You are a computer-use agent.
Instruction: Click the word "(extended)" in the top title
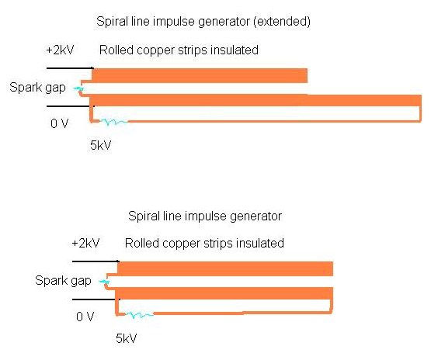point(282,22)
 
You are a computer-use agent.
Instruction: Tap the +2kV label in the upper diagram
point(60,50)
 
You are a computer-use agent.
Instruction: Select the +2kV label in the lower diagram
point(85,244)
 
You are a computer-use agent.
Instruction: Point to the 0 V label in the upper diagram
point(59,123)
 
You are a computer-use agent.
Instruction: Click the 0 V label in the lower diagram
point(85,317)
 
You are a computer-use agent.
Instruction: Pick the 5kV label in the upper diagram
point(100,145)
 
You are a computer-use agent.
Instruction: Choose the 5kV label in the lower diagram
point(127,338)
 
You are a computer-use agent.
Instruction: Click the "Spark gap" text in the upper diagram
point(38,88)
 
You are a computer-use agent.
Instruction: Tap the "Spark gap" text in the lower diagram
point(64,281)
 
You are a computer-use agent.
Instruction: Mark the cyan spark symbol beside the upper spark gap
point(78,88)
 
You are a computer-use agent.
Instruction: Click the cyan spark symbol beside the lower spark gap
point(104,282)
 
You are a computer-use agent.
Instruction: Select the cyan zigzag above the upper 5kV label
point(114,122)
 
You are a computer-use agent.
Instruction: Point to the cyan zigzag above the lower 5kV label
point(139,315)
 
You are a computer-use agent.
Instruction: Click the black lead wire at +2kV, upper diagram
point(70,68)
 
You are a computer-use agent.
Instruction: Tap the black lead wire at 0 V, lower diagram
point(96,299)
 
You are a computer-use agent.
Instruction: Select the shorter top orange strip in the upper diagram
point(200,75)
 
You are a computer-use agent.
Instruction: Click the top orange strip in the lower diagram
point(225,268)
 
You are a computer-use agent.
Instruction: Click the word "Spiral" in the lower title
point(141,216)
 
